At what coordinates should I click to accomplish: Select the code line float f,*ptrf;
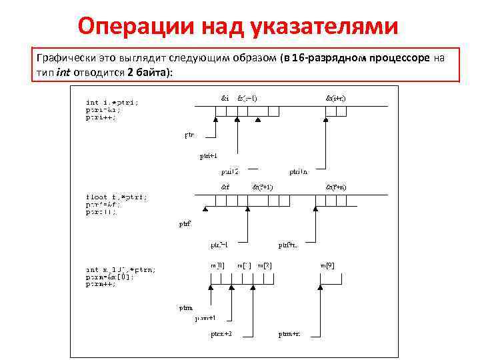[x=116, y=197]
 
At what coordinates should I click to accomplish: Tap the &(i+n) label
[x=335, y=98]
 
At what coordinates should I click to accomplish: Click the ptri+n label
[x=298, y=171]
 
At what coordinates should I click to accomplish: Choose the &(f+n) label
[x=335, y=187]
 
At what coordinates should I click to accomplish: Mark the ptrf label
[x=185, y=224]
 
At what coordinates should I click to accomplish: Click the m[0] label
[x=217, y=265]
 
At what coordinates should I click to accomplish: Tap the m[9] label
[x=327, y=265]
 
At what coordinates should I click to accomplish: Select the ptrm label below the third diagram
[x=186, y=308]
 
